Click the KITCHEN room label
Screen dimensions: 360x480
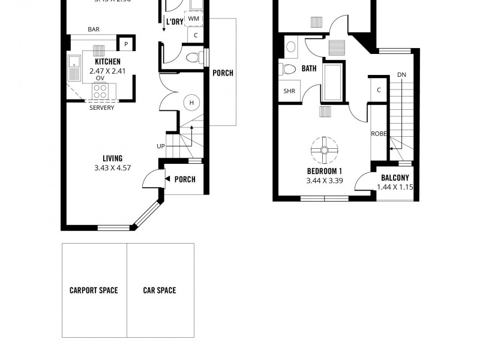107,61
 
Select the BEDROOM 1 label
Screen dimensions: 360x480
324,171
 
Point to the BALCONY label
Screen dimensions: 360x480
395,178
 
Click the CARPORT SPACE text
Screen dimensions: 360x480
94,290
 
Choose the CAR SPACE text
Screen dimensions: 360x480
160,290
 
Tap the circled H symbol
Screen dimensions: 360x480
191,102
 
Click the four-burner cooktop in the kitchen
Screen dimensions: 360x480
100,91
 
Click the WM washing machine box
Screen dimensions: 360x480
193,19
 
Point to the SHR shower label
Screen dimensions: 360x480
289,91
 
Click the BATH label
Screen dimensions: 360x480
309,68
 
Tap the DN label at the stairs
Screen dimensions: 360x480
401,75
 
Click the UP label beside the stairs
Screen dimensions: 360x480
160,146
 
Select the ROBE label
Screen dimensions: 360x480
378,134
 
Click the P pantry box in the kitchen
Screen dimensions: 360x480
126,44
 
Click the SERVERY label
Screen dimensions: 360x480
101,108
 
